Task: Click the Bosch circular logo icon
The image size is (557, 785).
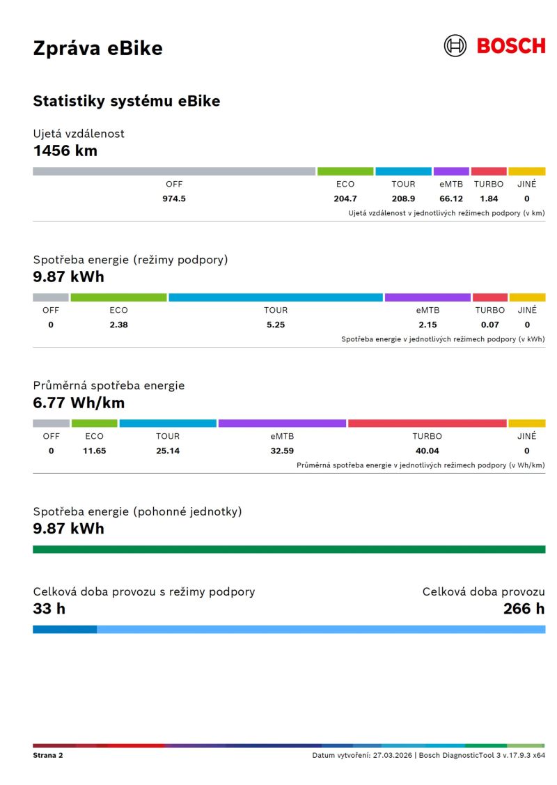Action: (x=455, y=46)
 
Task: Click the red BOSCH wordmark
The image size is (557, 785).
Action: (x=511, y=47)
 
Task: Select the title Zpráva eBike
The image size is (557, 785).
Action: (x=97, y=48)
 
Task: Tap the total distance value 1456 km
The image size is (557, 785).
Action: (x=65, y=150)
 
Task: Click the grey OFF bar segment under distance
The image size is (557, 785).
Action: (x=174, y=171)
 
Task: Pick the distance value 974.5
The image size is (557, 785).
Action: (x=174, y=199)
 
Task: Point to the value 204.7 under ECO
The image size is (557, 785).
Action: (x=345, y=199)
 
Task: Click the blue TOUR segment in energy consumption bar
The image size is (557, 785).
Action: (x=276, y=297)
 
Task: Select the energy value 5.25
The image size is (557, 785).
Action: (x=276, y=325)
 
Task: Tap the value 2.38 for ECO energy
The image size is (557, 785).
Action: (x=118, y=325)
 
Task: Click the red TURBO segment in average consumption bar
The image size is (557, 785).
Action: (x=427, y=423)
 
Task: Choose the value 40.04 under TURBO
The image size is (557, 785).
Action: (x=427, y=451)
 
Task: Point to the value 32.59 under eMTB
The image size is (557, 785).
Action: (x=282, y=451)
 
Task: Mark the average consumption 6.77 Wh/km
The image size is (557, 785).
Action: (x=79, y=403)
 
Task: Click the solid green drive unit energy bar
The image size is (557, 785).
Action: (x=289, y=550)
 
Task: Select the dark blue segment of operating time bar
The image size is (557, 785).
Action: (x=65, y=630)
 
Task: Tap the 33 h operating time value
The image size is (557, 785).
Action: (x=49, y=609)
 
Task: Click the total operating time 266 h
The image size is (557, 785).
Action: (x=524, y=609)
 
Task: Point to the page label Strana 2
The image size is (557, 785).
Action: (x=48, y=755)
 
